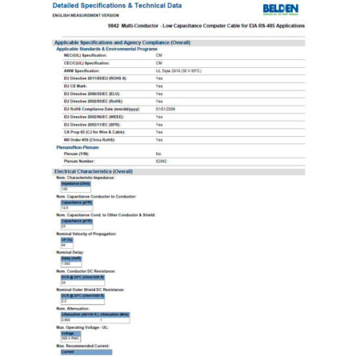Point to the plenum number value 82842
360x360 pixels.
coord(161,161)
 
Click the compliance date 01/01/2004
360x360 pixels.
coord(165,109)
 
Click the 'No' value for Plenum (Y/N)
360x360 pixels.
coord(158,154)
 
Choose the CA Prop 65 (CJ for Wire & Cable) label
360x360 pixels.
coord(100,132)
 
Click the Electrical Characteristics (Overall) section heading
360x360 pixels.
coord(93,171)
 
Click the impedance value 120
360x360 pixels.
coord(65,189)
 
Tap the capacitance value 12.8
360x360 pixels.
coord(66,207)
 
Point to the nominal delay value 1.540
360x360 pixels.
coord(66,263)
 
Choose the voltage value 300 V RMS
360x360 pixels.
coord(70,338)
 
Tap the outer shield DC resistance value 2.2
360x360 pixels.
coord(64,301)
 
